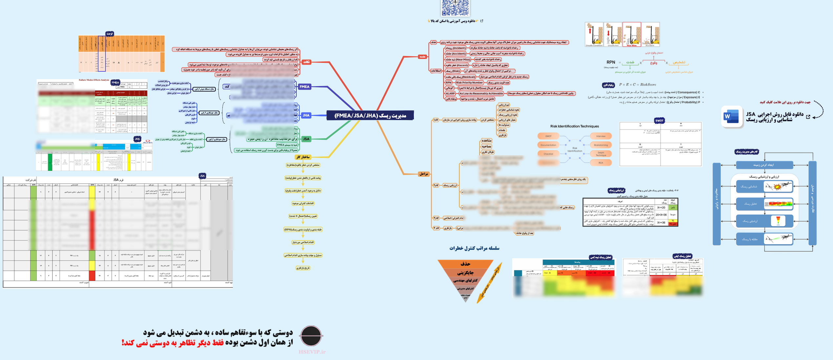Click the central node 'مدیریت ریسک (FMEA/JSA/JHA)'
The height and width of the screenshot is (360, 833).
pyautogui.click(x=370, y=115)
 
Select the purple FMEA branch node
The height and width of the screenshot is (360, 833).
pyautogui.click(x=304, y=87)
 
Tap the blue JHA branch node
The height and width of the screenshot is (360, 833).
pyautogui.click(x=306, y=115)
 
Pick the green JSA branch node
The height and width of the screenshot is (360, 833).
pyautogui.click(x=306, y=139)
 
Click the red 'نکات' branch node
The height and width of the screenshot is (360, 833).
pyautogui.click(x=306, y=62)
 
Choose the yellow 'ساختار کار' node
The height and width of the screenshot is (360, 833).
pyautogui.click(x=303, y=157)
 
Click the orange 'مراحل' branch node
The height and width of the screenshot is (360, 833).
pyautogui.click(x=424, y=174)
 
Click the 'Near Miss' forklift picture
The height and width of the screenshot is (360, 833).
pyautogui.click(x=631, y=34)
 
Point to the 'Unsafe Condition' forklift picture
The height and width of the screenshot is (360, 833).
pyautogui.click(x=594, y=34)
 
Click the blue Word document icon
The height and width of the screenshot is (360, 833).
pyautogui.click(x=731, y=117)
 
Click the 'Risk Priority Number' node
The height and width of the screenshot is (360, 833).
pyautogui.click(x=469, y=83)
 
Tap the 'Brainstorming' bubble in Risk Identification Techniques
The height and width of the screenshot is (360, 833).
pyautogui.click(x=601, y=145)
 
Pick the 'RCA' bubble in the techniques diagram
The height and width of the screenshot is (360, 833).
pyautogui.click(x=600, y=163)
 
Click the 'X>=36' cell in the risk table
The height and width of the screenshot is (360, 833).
pyautogui.click(x=661, y=223)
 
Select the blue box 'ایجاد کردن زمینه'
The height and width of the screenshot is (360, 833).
pyautogui.click(x=764, y=165)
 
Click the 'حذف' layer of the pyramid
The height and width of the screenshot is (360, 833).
pyautogui.click(x=465, y=264)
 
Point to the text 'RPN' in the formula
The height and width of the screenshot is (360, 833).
pyautogui.click(x=611, y=62)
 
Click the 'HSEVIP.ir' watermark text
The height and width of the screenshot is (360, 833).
pyautogui.click(x=312, y=352)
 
